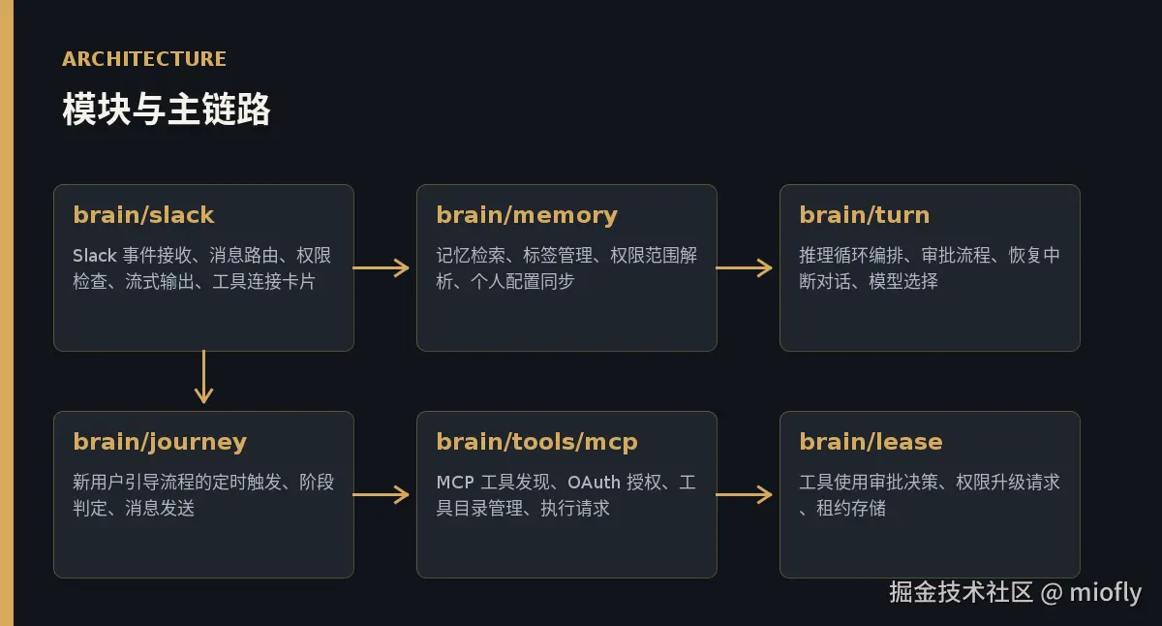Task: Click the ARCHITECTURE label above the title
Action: coord(143,59)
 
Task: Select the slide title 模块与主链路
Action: coord(166,109)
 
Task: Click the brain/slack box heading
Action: coord(143,215)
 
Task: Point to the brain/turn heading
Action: coord(864,215)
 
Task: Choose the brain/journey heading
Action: coord(160,443)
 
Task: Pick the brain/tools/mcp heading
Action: coord(536,443)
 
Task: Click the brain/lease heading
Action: coord(871,442)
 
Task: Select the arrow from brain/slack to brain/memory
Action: coord(381,267)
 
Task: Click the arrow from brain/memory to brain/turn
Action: coord(744,267)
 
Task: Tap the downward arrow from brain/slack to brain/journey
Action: coord(204,377)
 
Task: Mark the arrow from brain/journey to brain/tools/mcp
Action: coord(381,494)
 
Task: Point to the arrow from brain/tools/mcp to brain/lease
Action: coord(744,494)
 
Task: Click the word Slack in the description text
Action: coord(95,256)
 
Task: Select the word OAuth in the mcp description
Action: coord(594,483)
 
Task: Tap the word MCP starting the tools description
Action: coord(455,483)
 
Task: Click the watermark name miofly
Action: coord(1106,592)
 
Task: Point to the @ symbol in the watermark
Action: coord(1052,593)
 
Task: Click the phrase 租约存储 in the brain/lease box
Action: coord(851,508)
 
